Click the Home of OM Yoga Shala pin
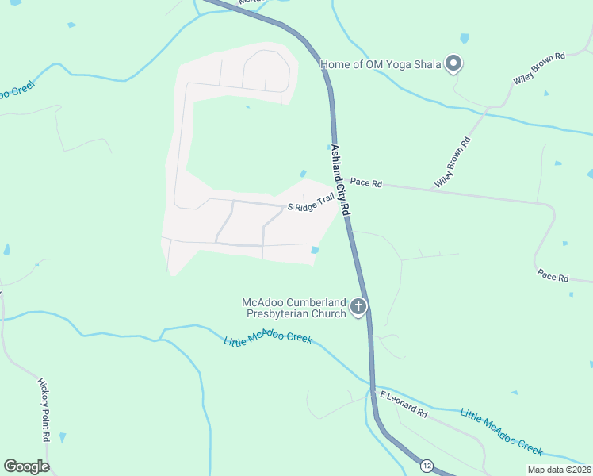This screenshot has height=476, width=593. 453,63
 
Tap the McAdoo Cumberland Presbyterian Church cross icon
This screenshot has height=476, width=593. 358,306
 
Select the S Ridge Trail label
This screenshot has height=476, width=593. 311,205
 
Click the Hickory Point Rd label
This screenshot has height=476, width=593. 44,409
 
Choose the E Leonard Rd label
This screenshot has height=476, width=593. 404,404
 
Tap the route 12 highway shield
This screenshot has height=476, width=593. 427,465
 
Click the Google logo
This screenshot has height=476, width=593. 26,466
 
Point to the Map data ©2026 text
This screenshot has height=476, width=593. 558,470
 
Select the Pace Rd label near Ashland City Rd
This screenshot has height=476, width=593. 366,182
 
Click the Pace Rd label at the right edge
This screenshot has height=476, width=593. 553,277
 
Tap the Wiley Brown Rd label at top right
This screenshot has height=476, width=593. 538,68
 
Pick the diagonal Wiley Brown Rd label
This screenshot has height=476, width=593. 452,163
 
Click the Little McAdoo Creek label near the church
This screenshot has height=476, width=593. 268,340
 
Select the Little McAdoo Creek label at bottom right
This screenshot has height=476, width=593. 502,432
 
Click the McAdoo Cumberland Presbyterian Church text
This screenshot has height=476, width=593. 296,308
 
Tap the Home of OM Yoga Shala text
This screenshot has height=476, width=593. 381,64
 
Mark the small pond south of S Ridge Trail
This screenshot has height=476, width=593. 316,251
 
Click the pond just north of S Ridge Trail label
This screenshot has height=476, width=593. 302,174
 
